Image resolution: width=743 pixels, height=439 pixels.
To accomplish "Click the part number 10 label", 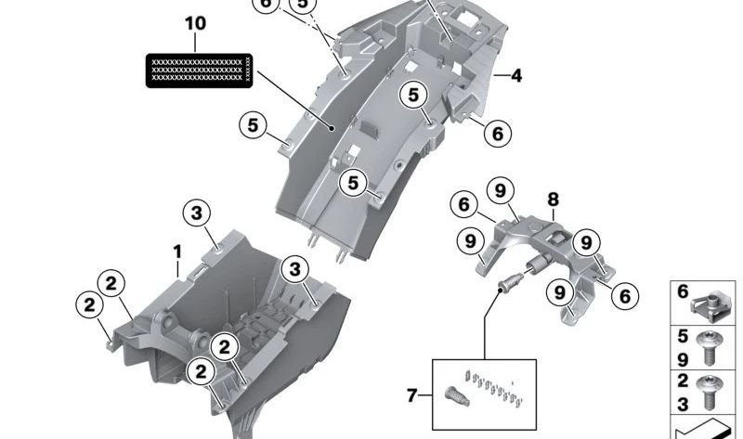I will point(196,22).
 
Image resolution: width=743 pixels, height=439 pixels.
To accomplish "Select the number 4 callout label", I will point(515,75).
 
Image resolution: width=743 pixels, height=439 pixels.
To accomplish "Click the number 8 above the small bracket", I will point(553,200).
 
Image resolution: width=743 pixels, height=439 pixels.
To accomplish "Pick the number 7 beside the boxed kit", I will point(411,396).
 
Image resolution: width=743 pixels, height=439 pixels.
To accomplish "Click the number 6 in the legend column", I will point(683,292).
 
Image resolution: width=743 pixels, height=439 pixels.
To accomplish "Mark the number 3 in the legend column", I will point(683,404).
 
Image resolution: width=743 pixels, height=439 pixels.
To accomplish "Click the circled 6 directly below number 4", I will point(497,134).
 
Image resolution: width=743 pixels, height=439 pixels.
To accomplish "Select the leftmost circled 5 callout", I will point(252,123).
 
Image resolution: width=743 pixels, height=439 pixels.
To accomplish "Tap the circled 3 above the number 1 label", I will point(197,213).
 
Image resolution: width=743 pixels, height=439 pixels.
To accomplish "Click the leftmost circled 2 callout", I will point(88,304).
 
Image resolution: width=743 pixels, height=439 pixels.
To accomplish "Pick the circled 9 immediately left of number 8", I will point(501,192).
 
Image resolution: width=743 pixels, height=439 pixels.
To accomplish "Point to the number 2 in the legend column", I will point(683,381).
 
